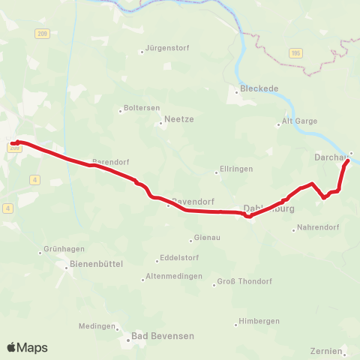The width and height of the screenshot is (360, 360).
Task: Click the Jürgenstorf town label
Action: [x=168, y=48]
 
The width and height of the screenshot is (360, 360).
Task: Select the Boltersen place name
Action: [x=142, y=108]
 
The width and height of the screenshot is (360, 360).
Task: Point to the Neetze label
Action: [x=178, y=118]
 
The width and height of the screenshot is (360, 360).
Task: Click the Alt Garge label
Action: [x=300, y=121]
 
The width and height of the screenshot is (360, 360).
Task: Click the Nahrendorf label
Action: [x=318, y=226]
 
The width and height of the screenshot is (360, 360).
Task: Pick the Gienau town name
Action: [x=207, y=238]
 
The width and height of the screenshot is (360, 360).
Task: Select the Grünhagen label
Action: [x=63, y=249]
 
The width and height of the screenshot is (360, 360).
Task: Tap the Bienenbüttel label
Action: [x=96, y=264]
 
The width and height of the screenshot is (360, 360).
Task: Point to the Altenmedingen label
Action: [x=175, y=276]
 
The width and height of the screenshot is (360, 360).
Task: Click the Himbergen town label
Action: [x=259, y=321]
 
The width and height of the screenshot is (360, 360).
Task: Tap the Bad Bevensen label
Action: [x=162, y=336]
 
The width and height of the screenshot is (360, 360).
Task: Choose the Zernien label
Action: [x=325, y=350]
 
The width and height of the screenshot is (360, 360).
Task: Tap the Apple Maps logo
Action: [x=27, y=347]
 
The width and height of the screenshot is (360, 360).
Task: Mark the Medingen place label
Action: [x=98, y=326]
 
